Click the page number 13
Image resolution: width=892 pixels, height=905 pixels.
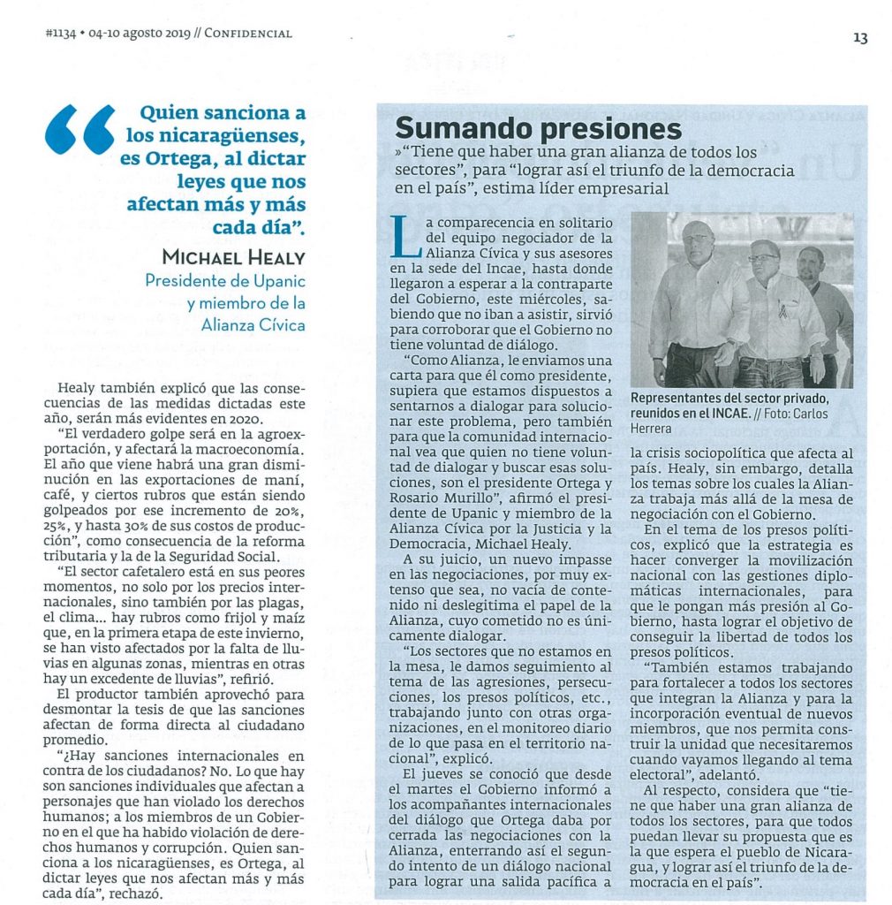pyautogui.click(x=860, y=37)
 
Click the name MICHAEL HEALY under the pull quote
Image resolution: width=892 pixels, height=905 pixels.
pyautogui.click(x=234, y=256)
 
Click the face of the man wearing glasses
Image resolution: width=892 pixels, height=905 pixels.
pyautogui.click(x=763, y=259)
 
